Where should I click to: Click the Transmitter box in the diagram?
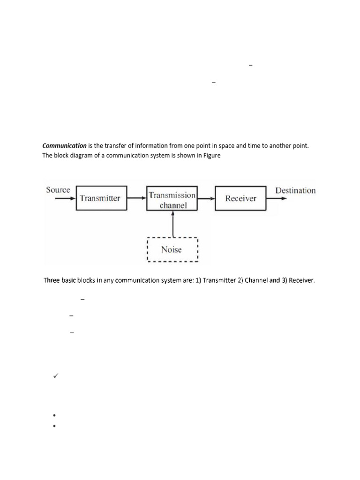pyautogui.click(x=100, y=198)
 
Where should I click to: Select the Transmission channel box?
pyautogui.click(x=172, y=199)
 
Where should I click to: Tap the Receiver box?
pyautogui.click(x=240, y=198)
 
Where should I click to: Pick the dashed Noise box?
pyautogui.click(x=172, y=249)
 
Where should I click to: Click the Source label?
pyautogui.click(x=58, y=190)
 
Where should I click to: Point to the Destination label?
pyautogui.click(x=295, y=190)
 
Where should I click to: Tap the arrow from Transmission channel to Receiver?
pyautogui.click(x=206, y=198)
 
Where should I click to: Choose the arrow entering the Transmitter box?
pyautogui.click(x=65, y=198)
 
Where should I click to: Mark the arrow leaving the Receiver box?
pyautogui.click(x=276, y=198)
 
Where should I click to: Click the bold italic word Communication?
pyautogui.click(x=65, y=146)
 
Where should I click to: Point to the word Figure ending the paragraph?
pyautogui.click(x=211, y=156)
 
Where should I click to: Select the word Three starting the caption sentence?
pyautogui.click(x=52, y=281)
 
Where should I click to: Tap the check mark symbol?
pyautogui.click(x=55, y=375)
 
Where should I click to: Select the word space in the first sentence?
pyautogui.click(x=217, y=146)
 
